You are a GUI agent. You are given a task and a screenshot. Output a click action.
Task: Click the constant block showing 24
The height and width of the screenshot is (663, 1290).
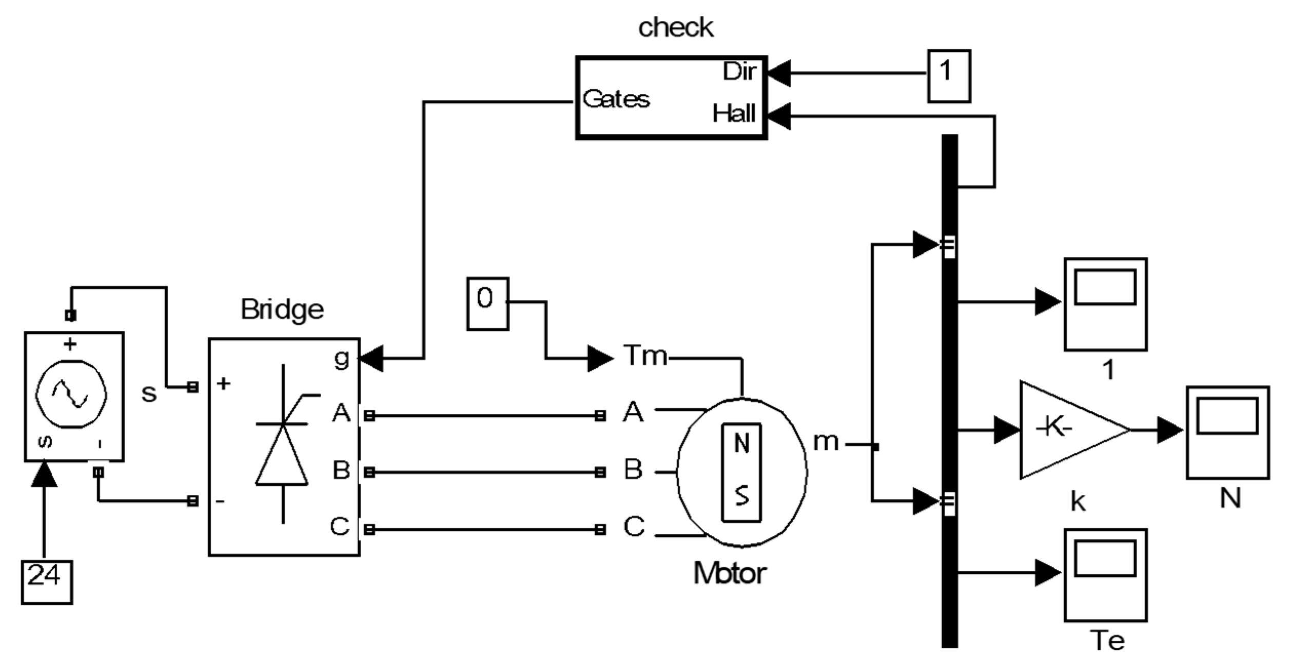coord(46,582)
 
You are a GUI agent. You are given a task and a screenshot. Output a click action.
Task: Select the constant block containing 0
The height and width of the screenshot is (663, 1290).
coord(487,304)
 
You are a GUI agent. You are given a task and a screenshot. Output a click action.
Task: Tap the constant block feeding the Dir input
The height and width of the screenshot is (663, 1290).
coord(948,76)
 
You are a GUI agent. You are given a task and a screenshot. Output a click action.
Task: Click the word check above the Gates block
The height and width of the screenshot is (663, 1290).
coord(675,28)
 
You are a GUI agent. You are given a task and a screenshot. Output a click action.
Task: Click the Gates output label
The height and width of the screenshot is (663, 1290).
coord(616,99)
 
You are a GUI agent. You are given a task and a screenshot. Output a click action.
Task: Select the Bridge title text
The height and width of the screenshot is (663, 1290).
coord(282,310)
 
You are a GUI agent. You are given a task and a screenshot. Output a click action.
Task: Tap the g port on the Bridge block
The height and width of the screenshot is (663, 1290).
coord(342,359)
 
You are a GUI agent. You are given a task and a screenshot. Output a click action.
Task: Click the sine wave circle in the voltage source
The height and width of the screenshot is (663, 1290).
coord(71,395)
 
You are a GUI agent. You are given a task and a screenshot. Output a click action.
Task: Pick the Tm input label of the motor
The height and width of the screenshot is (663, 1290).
coord(646,355)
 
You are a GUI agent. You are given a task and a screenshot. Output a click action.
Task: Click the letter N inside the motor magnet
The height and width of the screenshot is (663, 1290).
coord(741,443)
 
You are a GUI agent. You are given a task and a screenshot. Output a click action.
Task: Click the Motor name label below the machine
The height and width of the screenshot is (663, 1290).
coord(730,573)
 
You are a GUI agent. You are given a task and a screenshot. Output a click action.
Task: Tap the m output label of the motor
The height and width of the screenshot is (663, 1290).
coord(826,442)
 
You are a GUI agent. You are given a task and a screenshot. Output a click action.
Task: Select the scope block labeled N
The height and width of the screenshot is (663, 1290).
coord(1227,432)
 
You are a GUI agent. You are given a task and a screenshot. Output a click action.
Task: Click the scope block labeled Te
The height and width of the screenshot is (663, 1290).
coord(1105,575)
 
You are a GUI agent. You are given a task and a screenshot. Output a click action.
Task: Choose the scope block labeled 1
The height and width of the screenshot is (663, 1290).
coord(1105,304)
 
